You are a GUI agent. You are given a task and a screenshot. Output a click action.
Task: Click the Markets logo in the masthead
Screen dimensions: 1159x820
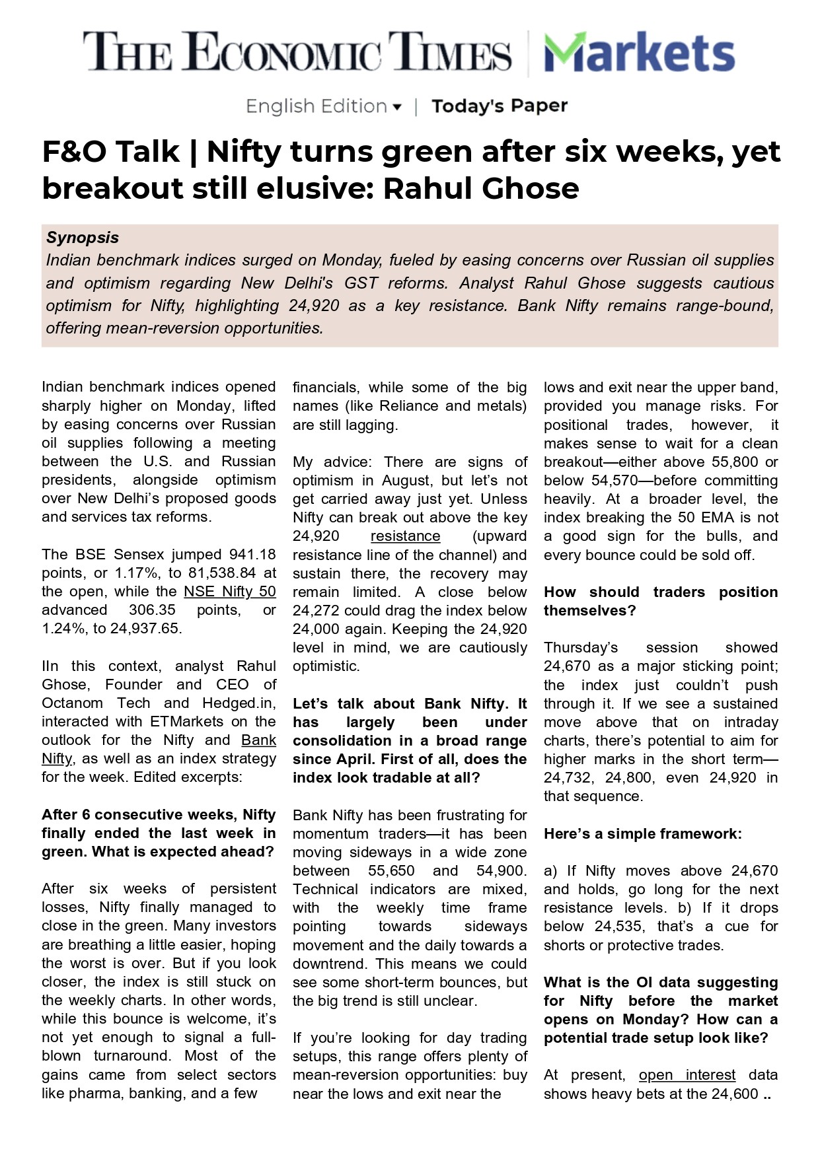click(x=639, y=53)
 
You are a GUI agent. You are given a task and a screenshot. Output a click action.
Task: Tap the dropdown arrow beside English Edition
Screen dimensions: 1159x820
click(x=397, y=107)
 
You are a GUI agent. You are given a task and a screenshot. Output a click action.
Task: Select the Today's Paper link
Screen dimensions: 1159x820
click(x=500, y=106)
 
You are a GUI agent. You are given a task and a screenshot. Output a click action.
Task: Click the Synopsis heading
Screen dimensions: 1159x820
click(x=83, y=238)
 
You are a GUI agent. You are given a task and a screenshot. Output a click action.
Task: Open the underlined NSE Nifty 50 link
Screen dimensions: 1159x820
click(x=229, y=592)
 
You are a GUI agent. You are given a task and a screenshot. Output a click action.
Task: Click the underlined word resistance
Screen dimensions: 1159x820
click(x=405, y=536)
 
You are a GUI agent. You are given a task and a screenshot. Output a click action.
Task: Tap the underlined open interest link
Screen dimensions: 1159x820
click(x=687, y=1075)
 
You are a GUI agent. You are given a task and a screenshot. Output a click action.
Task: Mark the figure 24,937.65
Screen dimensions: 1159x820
click(x=145, y=629)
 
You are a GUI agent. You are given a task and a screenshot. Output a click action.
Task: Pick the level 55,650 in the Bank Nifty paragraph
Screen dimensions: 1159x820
click(x=391, y=871)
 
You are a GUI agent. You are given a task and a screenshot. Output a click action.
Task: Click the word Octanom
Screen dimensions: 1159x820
click(x=72, y=703)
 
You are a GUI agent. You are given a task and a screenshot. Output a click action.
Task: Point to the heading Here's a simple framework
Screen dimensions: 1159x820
click(x=642, y=834)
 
